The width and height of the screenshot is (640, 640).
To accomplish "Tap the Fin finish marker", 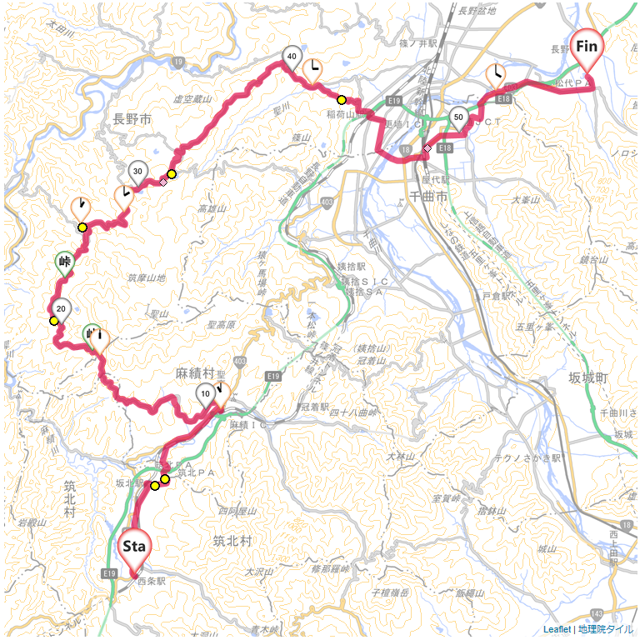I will [x=587, y=47].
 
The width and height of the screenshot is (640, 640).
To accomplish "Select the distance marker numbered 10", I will [x=205, y=394].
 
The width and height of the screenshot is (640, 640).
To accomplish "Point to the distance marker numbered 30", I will [x=138, y=172].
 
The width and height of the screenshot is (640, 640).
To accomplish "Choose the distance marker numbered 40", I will [x=291, y=56].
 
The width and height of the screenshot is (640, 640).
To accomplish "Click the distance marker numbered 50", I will [x=457, y=117].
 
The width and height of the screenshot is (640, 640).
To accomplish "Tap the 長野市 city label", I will [x=132, y=120].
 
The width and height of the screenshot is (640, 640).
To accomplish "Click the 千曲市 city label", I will [x=430, y=195].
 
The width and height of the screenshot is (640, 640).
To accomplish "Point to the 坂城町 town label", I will [x=589, y=377].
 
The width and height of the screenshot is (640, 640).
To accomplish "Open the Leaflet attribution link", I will [x=557, y=629].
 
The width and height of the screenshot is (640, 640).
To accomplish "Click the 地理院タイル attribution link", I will [x=606, y=629].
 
